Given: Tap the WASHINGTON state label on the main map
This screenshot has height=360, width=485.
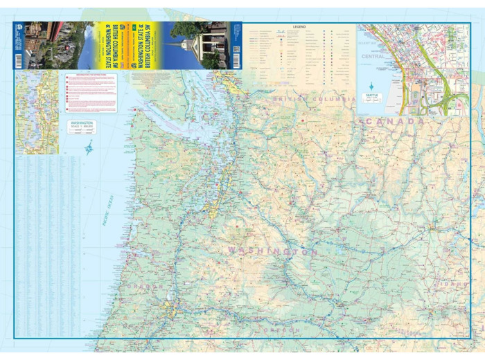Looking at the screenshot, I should tap(273, 251).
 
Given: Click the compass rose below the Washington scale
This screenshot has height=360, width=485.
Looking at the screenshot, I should tap(89, 147).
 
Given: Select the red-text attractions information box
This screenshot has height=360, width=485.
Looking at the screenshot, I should tap(90, 93).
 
